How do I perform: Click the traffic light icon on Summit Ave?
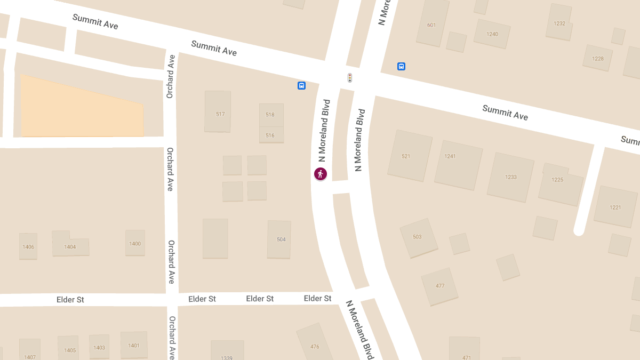pos(350,78)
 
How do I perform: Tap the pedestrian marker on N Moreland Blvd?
pos(320,174)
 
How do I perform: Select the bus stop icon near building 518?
pos(301,85)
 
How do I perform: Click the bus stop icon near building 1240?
pos(401,66)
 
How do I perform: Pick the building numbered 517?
pos(218,111)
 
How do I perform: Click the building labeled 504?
pos(279,239)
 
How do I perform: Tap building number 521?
pos(409,155)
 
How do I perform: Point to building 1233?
pos(510,177)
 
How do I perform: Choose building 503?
pos(419,237)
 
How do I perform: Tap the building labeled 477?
pos(439,286)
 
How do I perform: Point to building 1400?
pos(135,243)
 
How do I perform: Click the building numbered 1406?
pos(28,246)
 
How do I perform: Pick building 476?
pos(315,344)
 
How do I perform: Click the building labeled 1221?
pos(615,207)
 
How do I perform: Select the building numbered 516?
pos(271,135)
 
